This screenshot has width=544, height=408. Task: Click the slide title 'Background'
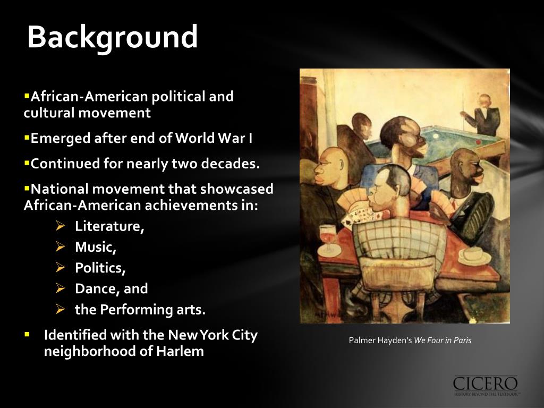112,37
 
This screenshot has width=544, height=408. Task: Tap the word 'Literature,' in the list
109,226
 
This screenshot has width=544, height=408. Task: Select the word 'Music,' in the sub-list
96,247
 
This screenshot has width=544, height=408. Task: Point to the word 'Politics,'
100,268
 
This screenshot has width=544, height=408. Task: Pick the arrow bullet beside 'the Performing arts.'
61,309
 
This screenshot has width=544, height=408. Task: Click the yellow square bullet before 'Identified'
27,335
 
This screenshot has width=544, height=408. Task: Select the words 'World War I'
214,139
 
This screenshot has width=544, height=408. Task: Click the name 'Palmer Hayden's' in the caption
380,341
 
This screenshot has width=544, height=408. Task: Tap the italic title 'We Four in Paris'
443,341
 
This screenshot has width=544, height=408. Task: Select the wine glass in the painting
328,237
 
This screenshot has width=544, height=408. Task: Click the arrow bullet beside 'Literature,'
61,226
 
